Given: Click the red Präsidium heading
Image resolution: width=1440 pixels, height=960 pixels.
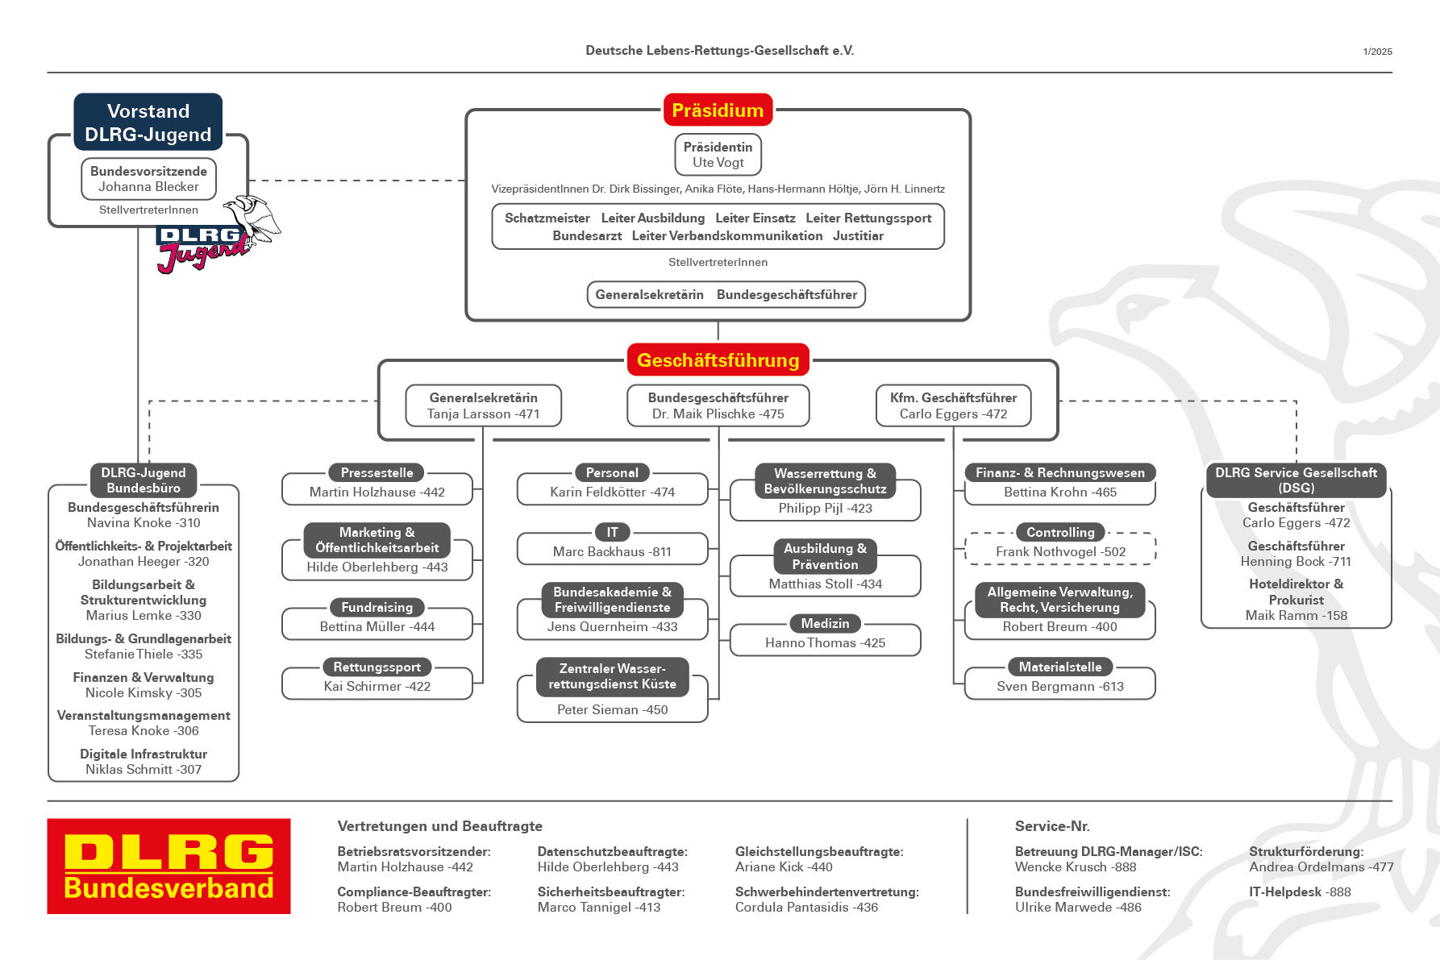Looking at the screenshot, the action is [x=718, y=110].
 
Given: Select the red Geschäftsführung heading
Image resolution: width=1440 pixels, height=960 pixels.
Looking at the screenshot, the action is [x=718, y=360].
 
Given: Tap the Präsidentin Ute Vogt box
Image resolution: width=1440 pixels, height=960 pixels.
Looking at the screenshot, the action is [x=718, y=155].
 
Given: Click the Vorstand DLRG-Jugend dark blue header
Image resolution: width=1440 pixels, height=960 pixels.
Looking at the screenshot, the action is [x=148, y=123].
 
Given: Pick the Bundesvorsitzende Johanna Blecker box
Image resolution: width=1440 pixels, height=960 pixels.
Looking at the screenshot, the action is [x=148, y=179].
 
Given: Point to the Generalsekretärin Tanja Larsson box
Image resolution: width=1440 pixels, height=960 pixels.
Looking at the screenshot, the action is [x=483, y=405].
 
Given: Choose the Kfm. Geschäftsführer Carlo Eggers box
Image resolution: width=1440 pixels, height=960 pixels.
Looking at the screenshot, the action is [x=953, y=405].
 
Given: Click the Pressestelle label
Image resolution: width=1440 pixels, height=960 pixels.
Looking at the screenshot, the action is [x=377, y=473].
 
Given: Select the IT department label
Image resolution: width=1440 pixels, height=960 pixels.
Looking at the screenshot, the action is [x=612, y=533].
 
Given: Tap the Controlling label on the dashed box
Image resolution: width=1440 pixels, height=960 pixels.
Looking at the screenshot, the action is [x=1060, y=533].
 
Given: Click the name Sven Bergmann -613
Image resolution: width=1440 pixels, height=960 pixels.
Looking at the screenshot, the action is [x=1059, y=687].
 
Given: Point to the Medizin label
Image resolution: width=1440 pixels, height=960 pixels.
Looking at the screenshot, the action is [x=825, y=624].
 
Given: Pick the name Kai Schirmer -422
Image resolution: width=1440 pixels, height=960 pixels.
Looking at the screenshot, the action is [x=377, y=687].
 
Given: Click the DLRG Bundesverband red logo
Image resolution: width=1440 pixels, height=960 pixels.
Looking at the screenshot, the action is [x=169, y=866].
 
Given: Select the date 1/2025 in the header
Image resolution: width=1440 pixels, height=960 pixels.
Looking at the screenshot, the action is [x=1377, y=52].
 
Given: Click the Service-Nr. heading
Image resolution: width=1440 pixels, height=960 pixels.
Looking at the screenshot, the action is [x=1052, y=826].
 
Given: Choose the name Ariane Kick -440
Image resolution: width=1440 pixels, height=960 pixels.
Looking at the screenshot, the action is [x=784, y=867].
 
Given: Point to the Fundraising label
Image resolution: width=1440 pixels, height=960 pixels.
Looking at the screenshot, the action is [x=377, y=608].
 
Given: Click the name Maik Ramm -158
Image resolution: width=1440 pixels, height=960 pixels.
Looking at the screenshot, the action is [x=1296, y=616].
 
